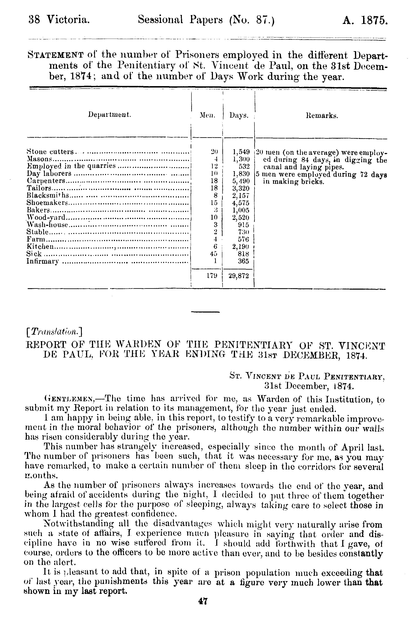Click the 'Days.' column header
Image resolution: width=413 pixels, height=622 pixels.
[x=239, y=115]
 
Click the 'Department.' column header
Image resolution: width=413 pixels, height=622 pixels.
[x=110, y=115]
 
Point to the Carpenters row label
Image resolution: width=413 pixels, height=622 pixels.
[x=46, y=181]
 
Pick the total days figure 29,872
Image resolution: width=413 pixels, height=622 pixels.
[x=239, y=276]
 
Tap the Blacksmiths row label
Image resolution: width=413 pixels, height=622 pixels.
[x=48, y=195]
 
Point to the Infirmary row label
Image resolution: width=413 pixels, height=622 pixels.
[x=42, y=261]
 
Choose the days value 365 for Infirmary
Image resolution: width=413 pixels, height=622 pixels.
[x=244, y=261]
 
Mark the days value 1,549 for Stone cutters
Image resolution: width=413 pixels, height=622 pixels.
[x=241, y=152]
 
